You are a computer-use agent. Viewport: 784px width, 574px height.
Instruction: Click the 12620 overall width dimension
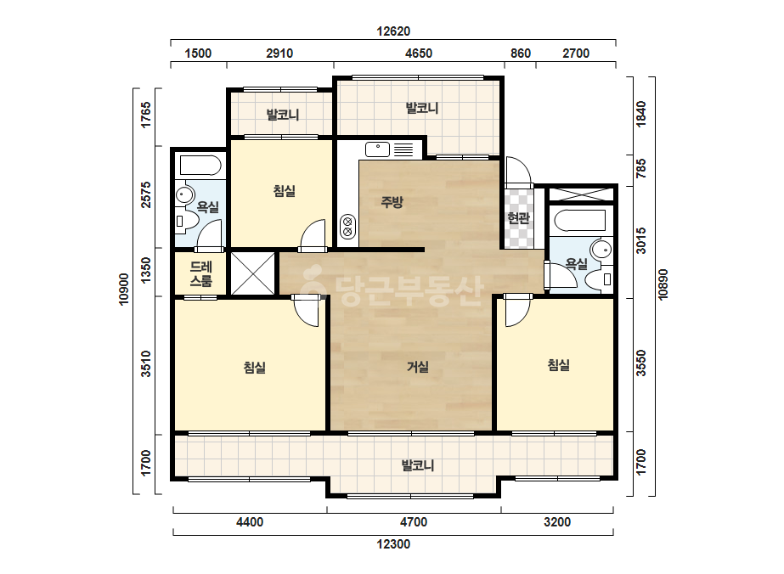click(393, 31)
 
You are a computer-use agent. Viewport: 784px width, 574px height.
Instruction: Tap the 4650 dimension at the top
click(419, 53)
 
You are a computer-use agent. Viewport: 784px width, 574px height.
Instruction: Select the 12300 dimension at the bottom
click(393, 544)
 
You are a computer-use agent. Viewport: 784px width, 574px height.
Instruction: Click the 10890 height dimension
click(663, 284)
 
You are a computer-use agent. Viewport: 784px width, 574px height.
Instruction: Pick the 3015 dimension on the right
click(641, 240)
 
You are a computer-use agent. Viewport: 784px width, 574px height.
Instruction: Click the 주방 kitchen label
click(392, 202)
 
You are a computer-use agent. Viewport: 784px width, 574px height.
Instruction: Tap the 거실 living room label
click(418, 367)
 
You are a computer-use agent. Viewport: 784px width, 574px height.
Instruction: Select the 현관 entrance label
click(518, 217)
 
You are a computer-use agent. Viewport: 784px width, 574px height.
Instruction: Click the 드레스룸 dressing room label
click(201, 273)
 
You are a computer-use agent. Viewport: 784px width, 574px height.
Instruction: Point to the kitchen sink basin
click(377, 149)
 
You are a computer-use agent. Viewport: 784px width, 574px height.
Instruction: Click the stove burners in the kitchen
click(347, 226)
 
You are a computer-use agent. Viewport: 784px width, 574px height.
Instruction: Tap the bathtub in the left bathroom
click(200, 166)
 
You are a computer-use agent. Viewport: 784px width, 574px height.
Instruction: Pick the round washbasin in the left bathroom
click(185, 195)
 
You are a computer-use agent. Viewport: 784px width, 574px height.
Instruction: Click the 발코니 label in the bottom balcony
click(418, 465)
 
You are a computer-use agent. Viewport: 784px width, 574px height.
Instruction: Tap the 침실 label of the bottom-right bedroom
click(559, 365)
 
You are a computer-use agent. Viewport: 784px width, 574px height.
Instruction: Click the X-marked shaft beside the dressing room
click(252, 273)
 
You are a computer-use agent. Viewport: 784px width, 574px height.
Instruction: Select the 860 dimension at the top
click(521, 53)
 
